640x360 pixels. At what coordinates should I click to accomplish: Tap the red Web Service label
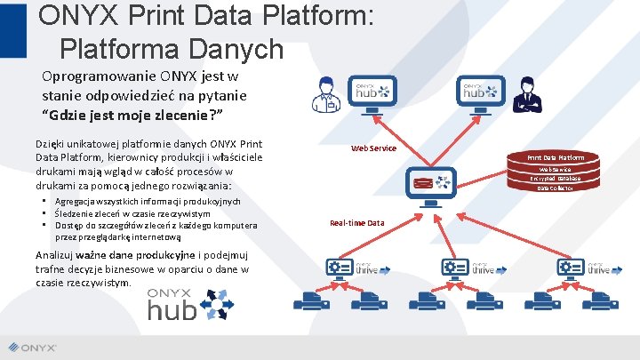(x=373, y=148)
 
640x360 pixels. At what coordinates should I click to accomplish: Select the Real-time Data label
(x=356, y=223)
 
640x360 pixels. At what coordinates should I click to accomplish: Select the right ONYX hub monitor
(x=476, y=93)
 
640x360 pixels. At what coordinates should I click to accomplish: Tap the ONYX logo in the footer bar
(x=36, y=348)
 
